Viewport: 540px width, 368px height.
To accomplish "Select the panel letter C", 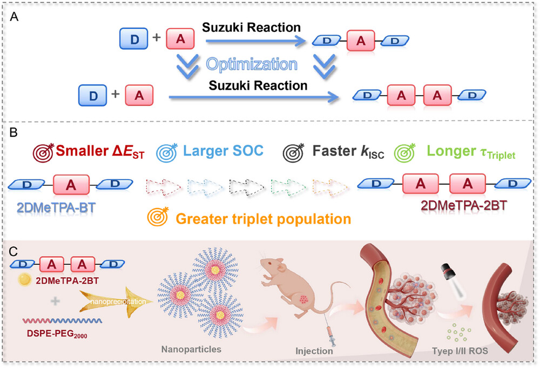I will (x=15, y=251).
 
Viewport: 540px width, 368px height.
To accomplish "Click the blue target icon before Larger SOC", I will (x=166, y=151).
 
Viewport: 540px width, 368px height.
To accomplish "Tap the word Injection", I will (x=314, y=351).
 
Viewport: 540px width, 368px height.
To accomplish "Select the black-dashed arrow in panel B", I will (x=247, y=184).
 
